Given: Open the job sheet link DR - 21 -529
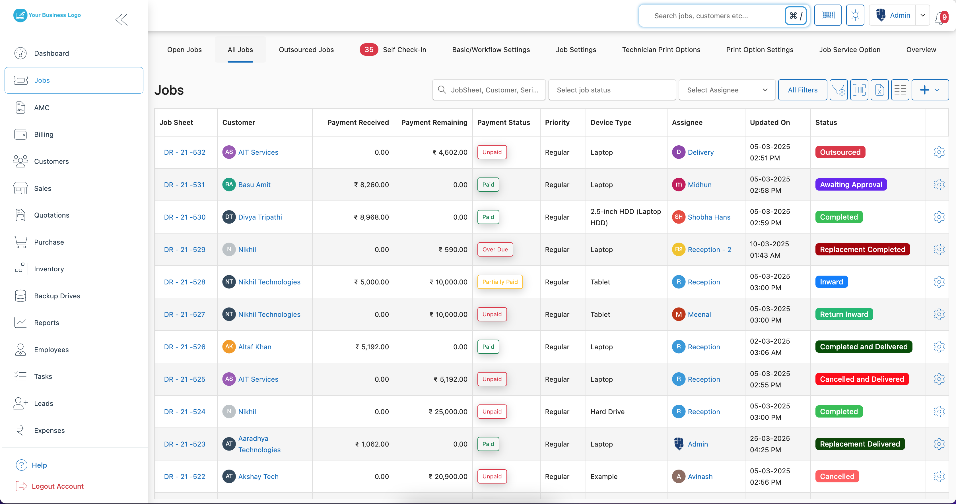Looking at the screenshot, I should [184, 250].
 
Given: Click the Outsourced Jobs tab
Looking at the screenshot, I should [306, 50].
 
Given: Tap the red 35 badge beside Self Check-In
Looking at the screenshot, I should [368, 50].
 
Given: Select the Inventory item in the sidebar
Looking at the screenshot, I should [49, 269].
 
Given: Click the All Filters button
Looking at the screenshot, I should [802, 90].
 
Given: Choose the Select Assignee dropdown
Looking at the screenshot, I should [727, 90].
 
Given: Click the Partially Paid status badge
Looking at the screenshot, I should [500, 282].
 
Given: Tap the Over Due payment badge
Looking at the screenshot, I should [495, 250].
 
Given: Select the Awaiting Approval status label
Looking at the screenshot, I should [851, 185].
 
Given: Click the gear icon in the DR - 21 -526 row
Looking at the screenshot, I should [939, 347].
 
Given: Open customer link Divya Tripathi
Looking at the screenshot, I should [260, 217].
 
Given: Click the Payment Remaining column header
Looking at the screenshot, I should [434, 122].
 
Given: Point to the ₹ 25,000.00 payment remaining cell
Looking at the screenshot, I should [448, 412].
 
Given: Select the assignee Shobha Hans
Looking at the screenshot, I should [708, 217].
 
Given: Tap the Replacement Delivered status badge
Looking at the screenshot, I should [860, 444].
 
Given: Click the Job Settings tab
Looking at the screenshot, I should [576, 50].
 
